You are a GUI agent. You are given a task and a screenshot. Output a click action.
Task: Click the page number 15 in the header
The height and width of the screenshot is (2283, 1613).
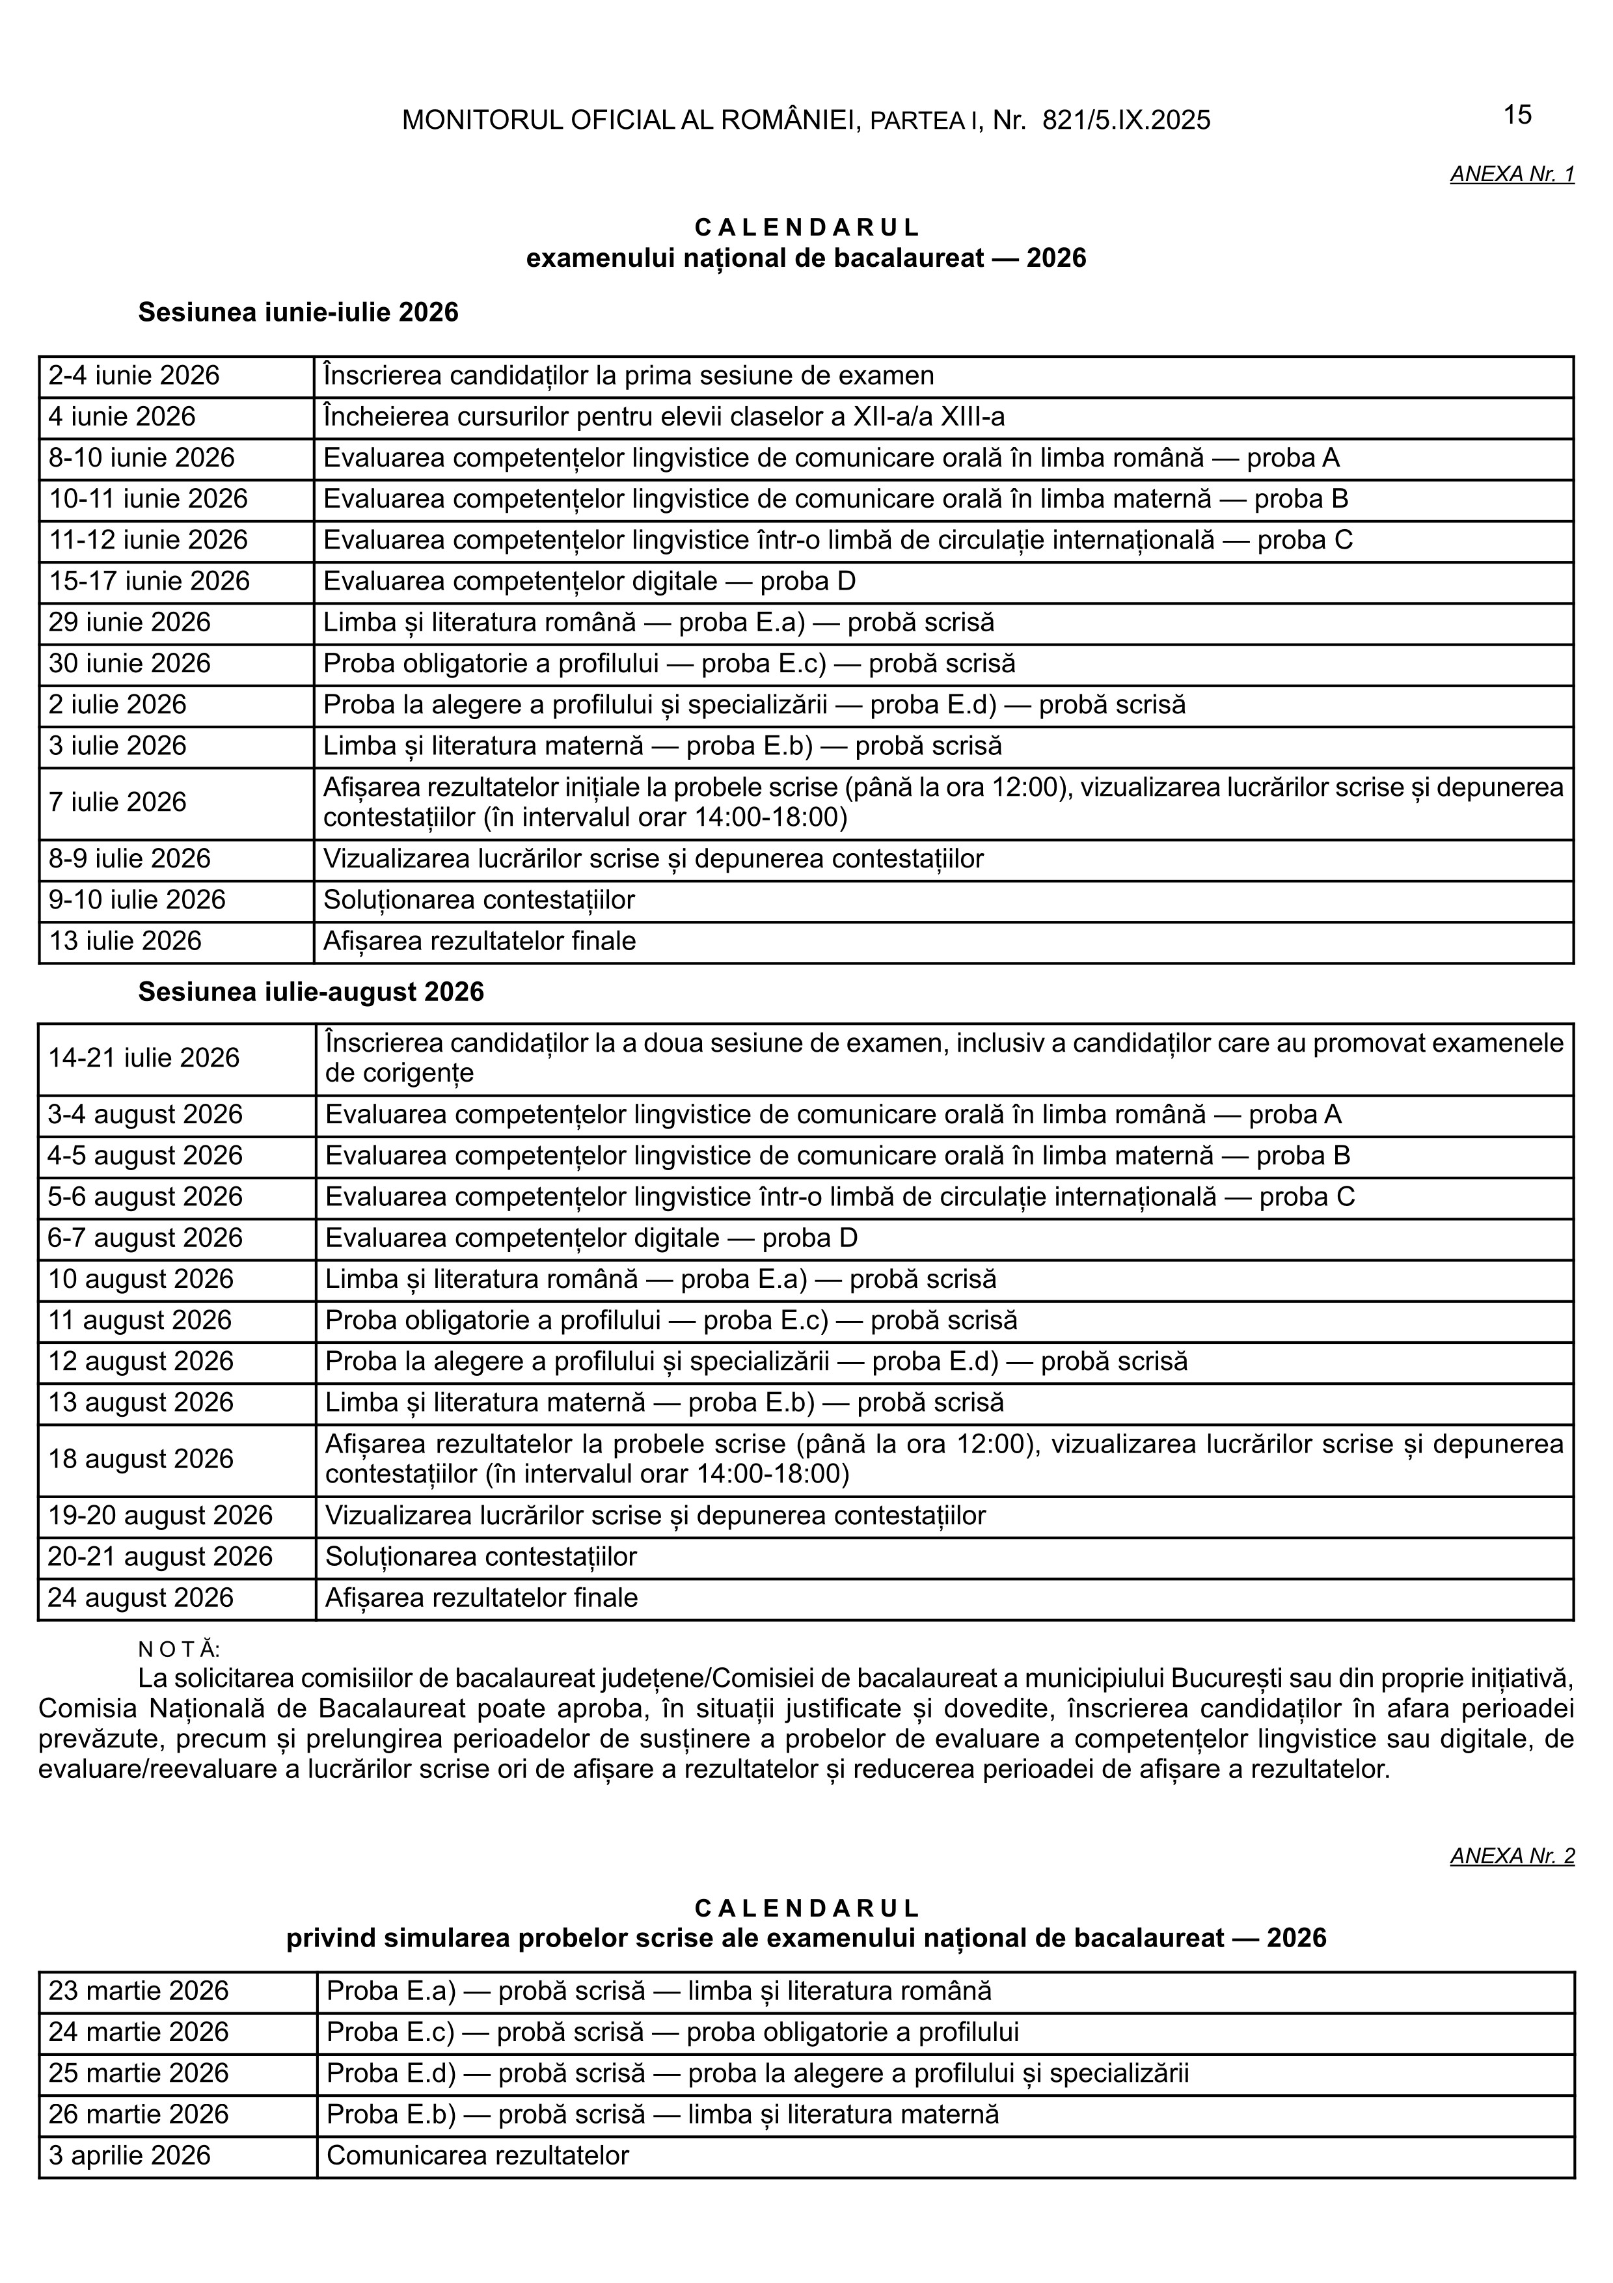point(1517,115)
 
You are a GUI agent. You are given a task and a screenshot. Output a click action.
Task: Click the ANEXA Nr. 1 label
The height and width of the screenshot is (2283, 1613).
point(1511,174)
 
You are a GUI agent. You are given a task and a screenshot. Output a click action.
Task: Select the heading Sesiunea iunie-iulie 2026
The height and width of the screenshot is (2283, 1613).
point(298,312)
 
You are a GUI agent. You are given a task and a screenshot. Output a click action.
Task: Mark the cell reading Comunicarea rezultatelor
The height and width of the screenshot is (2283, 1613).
point(477,2155)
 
